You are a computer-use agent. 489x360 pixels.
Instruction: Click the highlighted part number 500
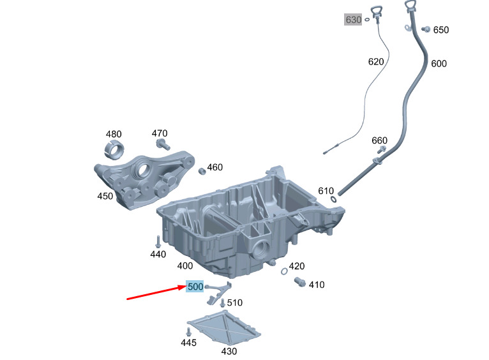pyautogui.click(x=195, y=287)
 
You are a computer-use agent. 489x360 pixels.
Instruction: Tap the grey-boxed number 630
pyautogui.click(x=353, y=20)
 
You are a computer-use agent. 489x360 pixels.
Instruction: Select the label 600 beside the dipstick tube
pyautogui.click(x=439, y=64)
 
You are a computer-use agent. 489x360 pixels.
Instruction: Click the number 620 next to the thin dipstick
pyautogui.click(x=376, y=62)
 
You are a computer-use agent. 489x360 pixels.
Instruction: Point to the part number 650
pyautogui.click(x=440, y=30)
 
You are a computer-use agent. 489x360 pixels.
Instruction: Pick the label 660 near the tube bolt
pyautogui.click(x=379, y=140)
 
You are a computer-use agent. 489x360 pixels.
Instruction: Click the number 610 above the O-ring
pyautogui.click(x=326, y=191)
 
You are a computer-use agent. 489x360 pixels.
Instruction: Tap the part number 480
pyautogui.click(x=114, y=134)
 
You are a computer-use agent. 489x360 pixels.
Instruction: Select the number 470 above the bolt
pyautogui.click(x=160, y=133)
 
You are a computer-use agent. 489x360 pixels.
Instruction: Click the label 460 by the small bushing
pyautogui.click(x=214, y=168)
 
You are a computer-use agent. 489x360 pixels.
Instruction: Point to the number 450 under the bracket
pyautogui.click(x=105, y=197)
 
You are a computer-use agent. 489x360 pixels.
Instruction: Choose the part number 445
pyautogui.click(x=188, y=343)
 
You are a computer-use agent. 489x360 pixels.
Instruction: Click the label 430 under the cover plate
pyautogui.click(x=229, y=351)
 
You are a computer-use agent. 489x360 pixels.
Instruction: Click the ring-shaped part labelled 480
pyautogui.click(x=114, y=152)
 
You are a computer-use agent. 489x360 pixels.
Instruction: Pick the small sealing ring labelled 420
pyautogui.click(x=283, y=272)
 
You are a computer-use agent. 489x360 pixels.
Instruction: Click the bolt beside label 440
pyautogui.click(x=158, y=241)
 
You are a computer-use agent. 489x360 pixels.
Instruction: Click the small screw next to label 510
pyautogui.click(x=222, y=303)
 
